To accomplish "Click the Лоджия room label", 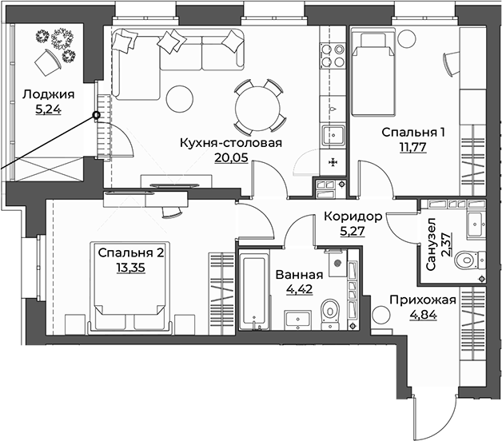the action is (48, 95).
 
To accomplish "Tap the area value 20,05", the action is (231, 157).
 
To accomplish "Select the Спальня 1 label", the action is (413, 132).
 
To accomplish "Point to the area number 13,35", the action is (130, 268).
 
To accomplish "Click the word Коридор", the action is (353, 217).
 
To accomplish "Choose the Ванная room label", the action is (299, 275).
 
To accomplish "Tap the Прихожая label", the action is (423, 300).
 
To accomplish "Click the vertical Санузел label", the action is (431, 244).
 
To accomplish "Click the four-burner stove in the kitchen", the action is (333, 55).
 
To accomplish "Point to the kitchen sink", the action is (333, 135).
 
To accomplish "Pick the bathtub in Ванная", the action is (254, 292).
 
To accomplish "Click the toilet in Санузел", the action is (470, 260).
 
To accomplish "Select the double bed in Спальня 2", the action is (129, 287).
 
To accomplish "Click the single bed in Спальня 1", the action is (373, 73).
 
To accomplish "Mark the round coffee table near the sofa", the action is (180, 99).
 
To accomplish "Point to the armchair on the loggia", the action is (48, 63).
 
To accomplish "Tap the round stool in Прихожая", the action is (381, 315).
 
